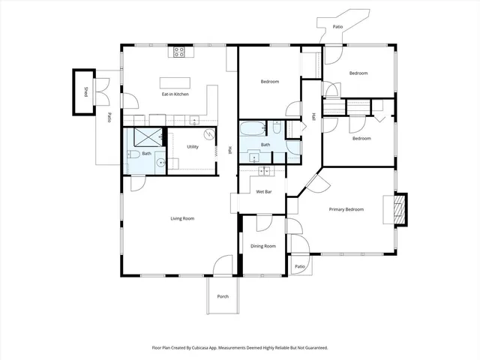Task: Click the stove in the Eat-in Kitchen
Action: click(180, 52)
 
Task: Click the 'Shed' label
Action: click(85, 92)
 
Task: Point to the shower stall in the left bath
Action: click(148, 136)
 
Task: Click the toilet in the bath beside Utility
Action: click(132, 154)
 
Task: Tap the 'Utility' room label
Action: click(191, 148)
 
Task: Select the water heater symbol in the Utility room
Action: click(209, 135)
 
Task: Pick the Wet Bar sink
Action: click(264, 172)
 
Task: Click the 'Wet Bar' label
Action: click(263, 192)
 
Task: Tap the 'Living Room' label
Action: click(182, 218)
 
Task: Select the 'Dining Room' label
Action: click(262, 246)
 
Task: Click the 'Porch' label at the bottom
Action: click(223, 296)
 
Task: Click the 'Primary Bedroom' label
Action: click(346, 209)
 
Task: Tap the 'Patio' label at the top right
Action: click(337, 27)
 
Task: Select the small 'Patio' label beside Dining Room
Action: click(299, 266)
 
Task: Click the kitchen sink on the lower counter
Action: click(193, 120)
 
